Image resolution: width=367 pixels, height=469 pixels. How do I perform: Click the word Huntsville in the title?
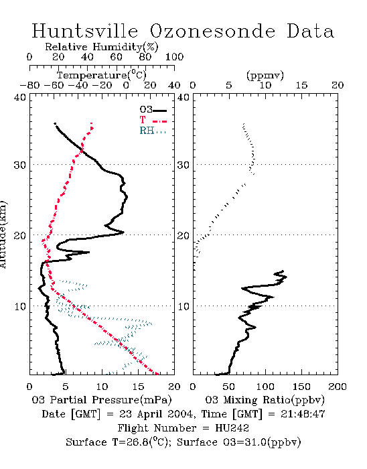tap(85, 31)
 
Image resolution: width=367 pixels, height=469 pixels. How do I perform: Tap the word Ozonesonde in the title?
tap(212, 31)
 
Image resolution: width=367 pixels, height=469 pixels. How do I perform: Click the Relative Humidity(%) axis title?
tap(102, 47)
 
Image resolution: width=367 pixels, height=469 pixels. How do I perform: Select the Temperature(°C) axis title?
tap(102, 75)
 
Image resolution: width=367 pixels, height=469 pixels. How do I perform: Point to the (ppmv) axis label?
tap(265, 75)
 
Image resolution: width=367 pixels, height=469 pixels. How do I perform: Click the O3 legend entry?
tap(153, 110)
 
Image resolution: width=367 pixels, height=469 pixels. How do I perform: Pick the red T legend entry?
tap(153, 120)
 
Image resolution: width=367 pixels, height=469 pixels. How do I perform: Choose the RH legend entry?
tap(153, 131)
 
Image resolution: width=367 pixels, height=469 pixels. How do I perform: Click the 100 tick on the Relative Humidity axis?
tap(174, 57)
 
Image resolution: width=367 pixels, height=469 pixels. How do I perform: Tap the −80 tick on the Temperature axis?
tap(29, 86)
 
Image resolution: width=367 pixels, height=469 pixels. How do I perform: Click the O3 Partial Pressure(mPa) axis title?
tap(102, 400)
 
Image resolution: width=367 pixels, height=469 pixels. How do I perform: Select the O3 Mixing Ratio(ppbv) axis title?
tap(265, 400)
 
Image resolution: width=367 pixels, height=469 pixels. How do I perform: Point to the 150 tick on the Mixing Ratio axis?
tap(301, 387)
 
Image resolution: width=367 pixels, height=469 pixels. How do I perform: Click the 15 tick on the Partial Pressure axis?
tap(138, 387)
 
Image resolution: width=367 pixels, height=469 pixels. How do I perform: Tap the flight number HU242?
tap(232, 428)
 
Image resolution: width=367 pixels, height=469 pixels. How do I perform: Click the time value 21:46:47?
tap(303, 414)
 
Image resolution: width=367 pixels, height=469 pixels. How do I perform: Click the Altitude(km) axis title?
tap(3, 234)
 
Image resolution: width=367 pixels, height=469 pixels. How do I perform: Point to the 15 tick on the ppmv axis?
tap(301, 86)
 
